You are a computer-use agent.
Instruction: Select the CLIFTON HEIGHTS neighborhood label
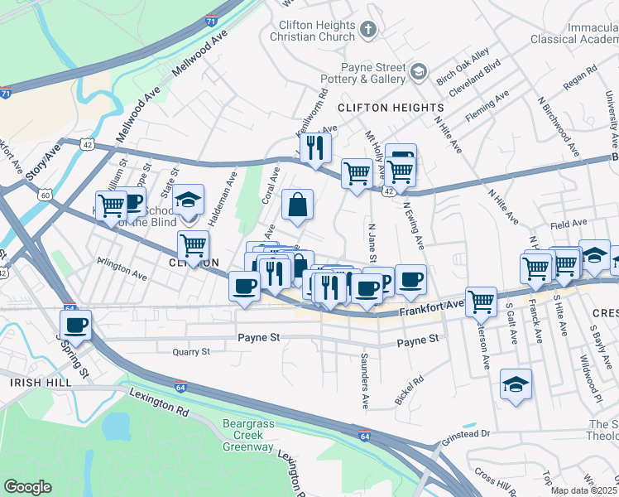[391, 108]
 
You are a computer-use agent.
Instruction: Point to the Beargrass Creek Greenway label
[248, 440]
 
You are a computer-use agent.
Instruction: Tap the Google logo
[27, 486]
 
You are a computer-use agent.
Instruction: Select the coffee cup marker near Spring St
[76, 325]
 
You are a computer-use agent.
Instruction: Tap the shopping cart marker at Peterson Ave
[481, 302]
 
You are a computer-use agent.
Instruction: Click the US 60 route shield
[45, 195]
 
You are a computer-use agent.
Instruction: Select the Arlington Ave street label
[121, 264]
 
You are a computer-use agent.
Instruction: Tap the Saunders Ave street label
[364, 382]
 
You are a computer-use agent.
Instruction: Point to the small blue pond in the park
[118, 426]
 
